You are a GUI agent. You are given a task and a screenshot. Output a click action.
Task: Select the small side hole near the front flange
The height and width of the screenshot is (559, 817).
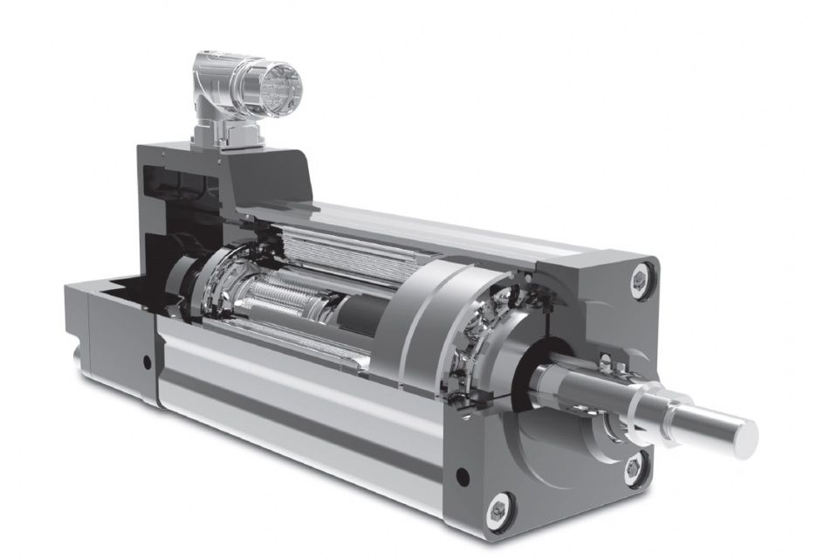(462, 477)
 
